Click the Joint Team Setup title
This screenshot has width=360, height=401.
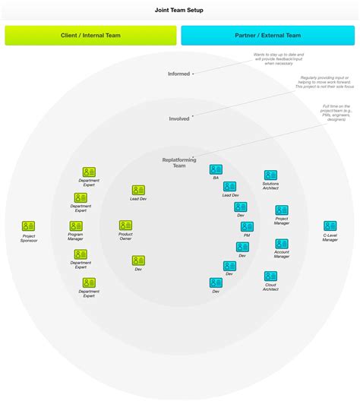(x=180, y=11)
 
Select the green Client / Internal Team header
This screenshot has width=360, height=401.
(x=90, y=36)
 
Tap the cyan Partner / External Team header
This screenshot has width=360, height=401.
(x=267, y=36)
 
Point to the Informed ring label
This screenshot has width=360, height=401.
(x=179, y=74)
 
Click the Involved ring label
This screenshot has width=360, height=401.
(x=179, y=118)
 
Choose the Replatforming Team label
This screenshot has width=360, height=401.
(x=179, y=163)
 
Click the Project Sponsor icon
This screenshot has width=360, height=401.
(x=28, y=226)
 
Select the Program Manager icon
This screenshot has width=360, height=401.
(x=76, y=226)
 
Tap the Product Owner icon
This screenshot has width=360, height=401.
(x=125, y=226)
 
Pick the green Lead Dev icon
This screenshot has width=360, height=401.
(x=138, y=190)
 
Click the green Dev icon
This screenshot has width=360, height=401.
(x=138, y=260)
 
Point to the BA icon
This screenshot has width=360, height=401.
(x=216, y=169)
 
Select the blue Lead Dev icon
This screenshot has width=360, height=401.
(x=229, y=186)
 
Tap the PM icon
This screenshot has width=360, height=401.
(x=247, y=226)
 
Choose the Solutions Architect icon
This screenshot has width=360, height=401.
(x=270, y=175)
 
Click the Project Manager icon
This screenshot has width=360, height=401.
(x=282, y=210)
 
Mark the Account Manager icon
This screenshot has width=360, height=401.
(x=282, y=244)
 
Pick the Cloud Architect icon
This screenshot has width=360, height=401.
(x=270, y=276)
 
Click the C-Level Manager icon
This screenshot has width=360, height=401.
(x=330, y=226)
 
